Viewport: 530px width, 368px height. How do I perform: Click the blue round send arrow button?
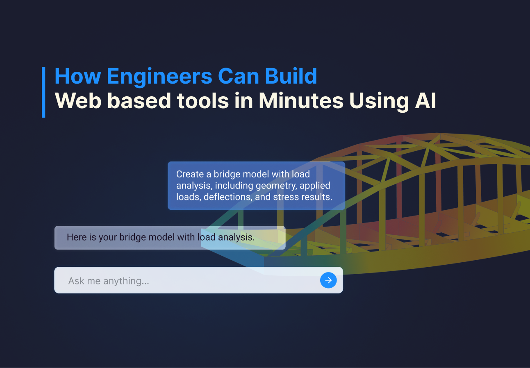click(328, 280)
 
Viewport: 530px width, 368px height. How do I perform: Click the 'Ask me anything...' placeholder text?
click(109, 281)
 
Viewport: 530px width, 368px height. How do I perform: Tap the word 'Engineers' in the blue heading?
click(159, 76)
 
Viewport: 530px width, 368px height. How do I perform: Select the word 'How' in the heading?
click(78, 76)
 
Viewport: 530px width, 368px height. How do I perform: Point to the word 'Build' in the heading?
click(291, 76)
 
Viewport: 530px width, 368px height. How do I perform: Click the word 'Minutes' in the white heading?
click(301, 101)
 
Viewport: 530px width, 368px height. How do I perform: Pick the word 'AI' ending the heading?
click(425, 101)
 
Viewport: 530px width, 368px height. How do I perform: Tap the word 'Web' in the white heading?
click(78, 101)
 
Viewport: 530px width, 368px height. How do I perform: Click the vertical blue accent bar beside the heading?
click(43, 92)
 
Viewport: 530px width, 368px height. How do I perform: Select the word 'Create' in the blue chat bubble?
click(190, 174)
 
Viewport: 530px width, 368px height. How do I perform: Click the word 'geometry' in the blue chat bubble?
click(276, 186)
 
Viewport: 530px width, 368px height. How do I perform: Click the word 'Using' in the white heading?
click(379, 101)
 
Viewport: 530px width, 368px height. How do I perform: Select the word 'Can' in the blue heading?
click(239, 76)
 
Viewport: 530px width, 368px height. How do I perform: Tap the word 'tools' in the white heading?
click(203, 101)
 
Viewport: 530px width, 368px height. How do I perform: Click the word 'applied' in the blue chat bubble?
click(315, 186)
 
